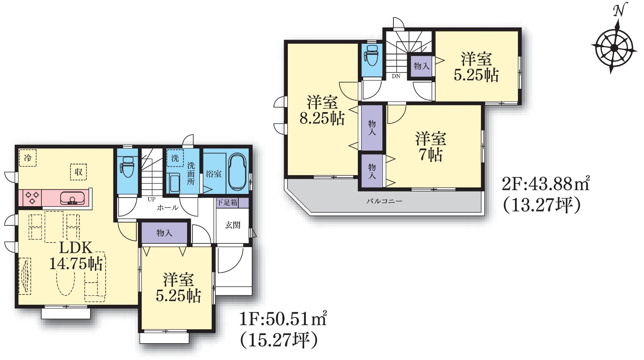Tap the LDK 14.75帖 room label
[76, 256]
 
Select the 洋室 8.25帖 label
[322, 110]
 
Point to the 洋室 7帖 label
[430, 146]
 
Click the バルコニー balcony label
[384, 201]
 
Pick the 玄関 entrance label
[232, 225]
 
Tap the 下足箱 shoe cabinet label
[227, 202]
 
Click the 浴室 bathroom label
[213, 174]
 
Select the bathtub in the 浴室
[237, 172]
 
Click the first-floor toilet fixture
[127, 166]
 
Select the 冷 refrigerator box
[28, 157]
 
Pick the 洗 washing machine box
[175, 158]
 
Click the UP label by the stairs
[151, 199]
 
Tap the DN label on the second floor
[396, 76]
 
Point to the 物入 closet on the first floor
[164, 233]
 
